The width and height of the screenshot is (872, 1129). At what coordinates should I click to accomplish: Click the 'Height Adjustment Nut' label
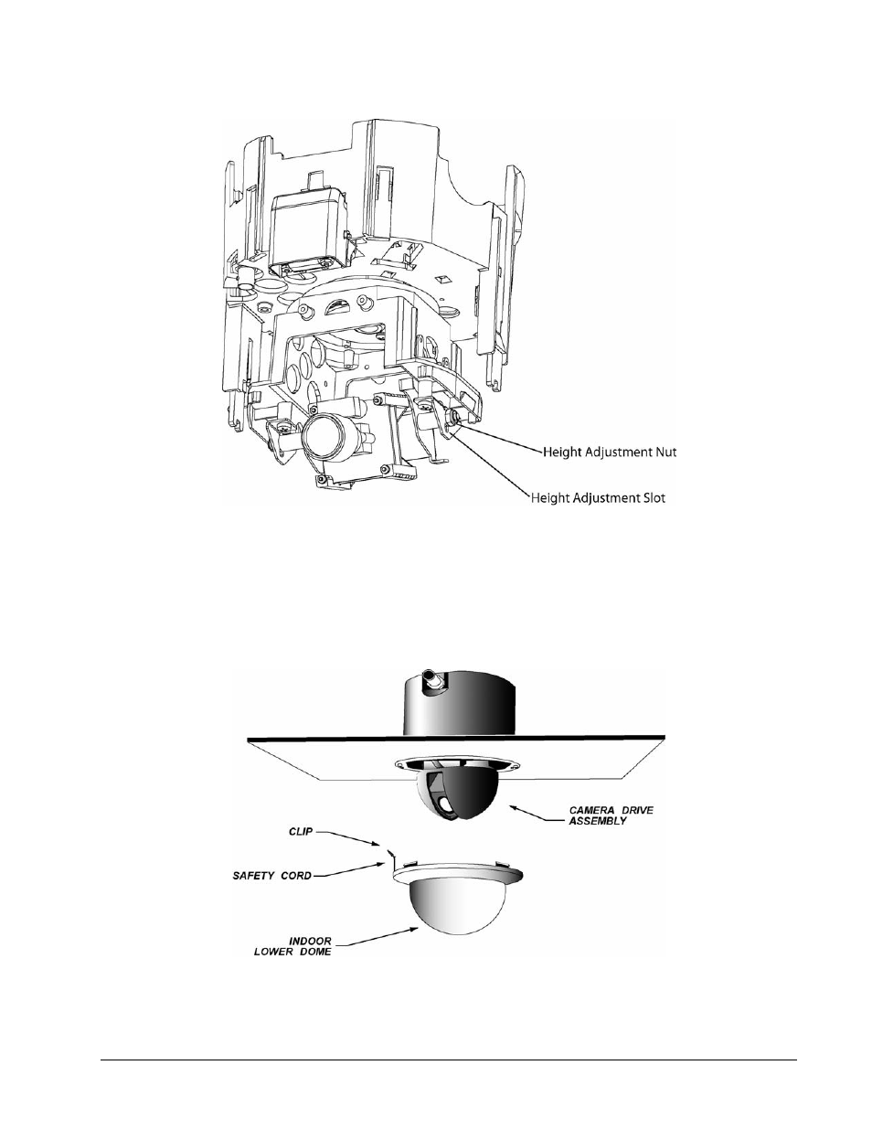point(610,452)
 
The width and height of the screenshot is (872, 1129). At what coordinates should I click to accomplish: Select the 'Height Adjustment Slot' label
point(598,498)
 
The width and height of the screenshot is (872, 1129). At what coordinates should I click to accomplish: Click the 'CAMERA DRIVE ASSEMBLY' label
point(611,815)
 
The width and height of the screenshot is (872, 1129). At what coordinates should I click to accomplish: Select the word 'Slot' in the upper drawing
point(654,498)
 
